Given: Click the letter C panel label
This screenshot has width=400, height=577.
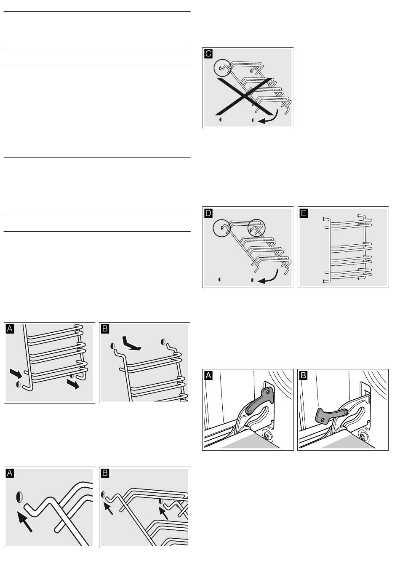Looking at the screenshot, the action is [208, 53].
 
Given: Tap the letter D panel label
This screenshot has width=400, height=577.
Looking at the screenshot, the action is [208, 213].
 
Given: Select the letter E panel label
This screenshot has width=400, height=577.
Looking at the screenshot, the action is [304, 213].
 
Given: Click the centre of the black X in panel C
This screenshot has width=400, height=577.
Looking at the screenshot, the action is [245, 96].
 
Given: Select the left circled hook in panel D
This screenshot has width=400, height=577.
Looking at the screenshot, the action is [222, 228].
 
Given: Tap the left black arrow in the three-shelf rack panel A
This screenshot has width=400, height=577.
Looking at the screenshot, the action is [16, 373].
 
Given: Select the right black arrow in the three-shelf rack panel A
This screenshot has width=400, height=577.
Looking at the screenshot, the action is [73, 384].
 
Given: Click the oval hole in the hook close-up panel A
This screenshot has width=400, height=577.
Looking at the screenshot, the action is [19, 497].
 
